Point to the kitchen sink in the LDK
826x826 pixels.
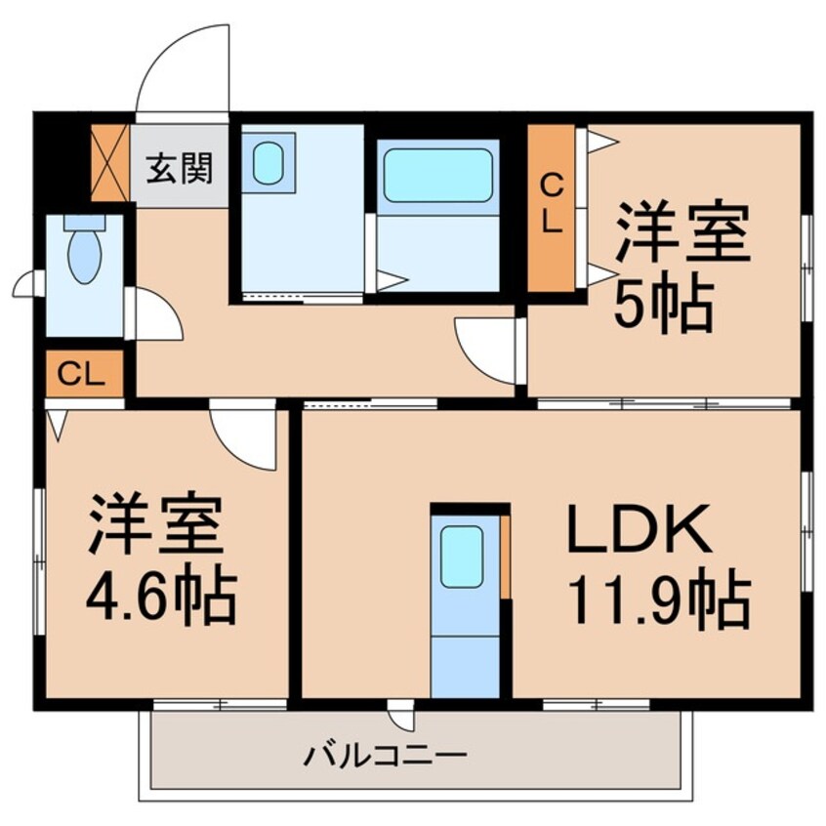(462, 555)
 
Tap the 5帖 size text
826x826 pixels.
(661, 304)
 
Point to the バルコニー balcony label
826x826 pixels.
(384, 755)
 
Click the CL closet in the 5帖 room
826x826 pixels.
(552, 209)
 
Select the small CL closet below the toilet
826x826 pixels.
(83, 374)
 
